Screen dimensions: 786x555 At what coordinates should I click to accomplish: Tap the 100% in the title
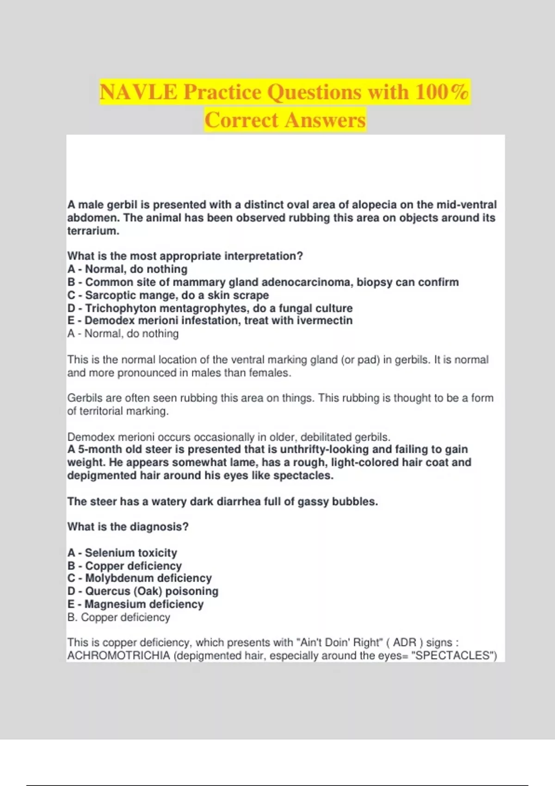pyautogui.click(x=442, y=92)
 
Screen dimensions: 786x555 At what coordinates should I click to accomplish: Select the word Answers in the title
pyautogui.click(x=325, y=120)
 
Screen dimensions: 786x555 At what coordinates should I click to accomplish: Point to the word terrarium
pyautogui.click(x=92, y=231)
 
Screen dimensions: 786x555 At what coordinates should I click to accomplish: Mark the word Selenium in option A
pyautogui.click(x=104, y=553)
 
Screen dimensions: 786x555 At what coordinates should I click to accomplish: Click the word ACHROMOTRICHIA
pyautogui.click(x=118, y=656)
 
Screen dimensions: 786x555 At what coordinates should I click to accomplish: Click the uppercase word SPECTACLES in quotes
pyautogui.click(x=452, y=656)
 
